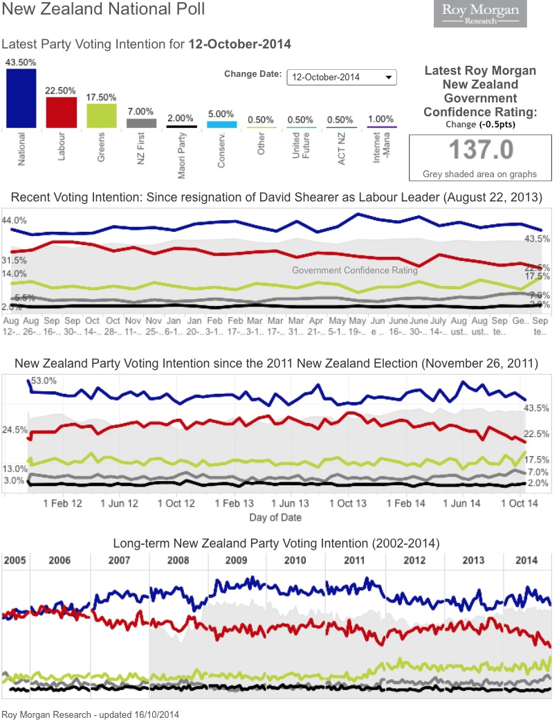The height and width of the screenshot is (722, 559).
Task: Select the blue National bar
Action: click(x=21, y=98)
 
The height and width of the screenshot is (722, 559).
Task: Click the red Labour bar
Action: click(x=61, y=112)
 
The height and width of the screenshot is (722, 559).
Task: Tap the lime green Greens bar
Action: click(x=101, y=116)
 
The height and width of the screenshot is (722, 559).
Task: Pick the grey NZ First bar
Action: click(x=141, y=123)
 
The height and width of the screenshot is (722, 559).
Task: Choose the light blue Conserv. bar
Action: click(x=222, y=125)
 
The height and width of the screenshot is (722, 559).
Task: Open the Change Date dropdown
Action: click(x=342, y=77)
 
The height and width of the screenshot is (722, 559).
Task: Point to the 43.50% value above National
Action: click(x=21, y=62)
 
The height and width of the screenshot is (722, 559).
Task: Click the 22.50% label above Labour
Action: click(x=61, y=91)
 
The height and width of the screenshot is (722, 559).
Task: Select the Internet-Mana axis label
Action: click(x=381, y=153)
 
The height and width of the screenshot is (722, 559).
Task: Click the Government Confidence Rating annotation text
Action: click(x=355, y=271)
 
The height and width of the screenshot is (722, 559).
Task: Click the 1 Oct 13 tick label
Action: click(x=347, y=503)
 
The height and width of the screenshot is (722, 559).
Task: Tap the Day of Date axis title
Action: click(x=275, y=517)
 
